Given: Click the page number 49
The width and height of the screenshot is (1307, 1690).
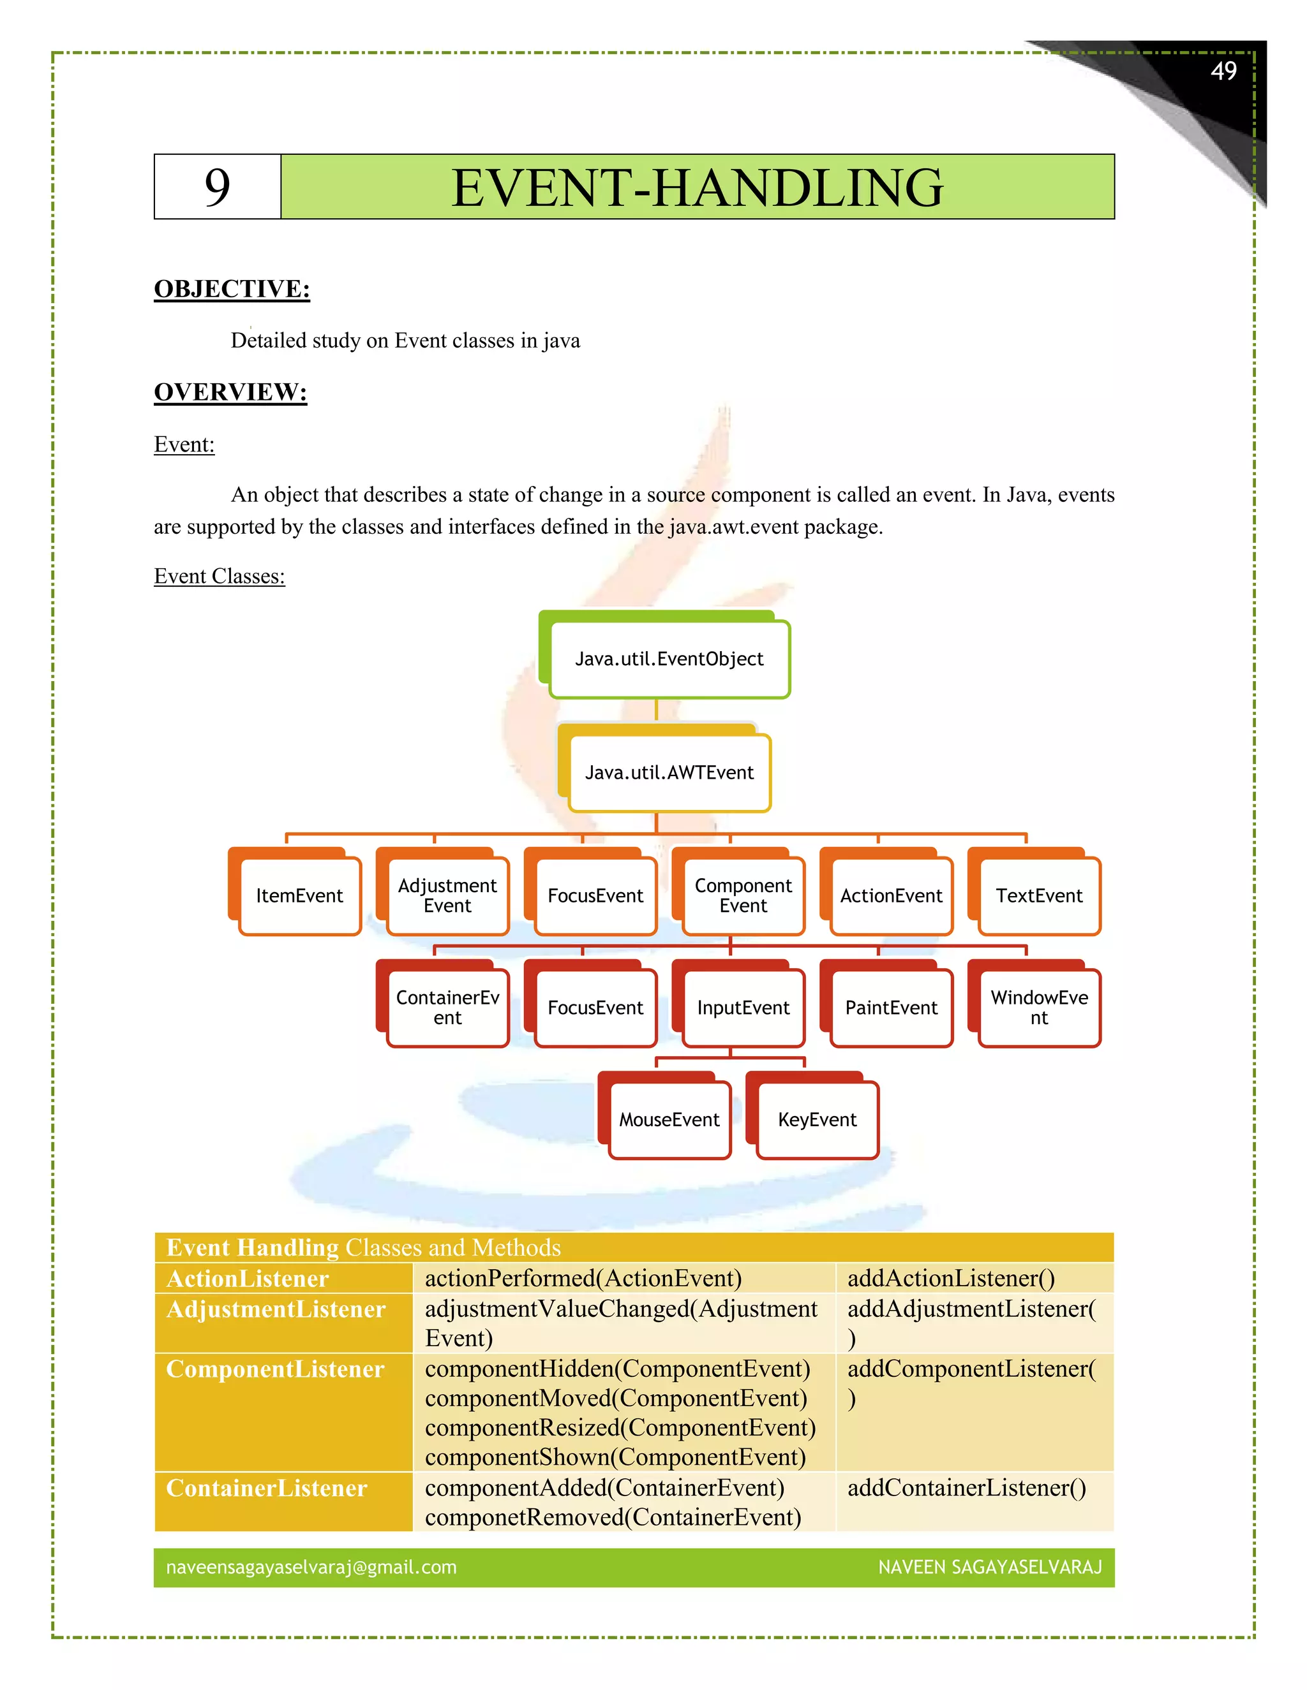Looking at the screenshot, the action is point(1223,71).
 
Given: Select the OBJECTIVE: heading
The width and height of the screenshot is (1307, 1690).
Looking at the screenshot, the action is point(232,289).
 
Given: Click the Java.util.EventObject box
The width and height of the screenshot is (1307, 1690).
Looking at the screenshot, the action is point(669,659).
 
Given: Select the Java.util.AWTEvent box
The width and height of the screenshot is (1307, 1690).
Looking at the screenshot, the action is point(669,772).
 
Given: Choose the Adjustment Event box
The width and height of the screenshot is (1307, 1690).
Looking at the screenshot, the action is point(447,895).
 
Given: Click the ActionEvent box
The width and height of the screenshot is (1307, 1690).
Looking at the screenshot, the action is point(891,895).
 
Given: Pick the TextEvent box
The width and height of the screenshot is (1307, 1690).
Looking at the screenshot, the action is point(1039,895).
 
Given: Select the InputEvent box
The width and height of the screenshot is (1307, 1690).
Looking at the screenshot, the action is point(743,1008).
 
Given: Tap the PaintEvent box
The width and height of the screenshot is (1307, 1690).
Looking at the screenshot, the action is point(891,1008).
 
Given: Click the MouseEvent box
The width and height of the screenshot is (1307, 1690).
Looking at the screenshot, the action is point(669,1120).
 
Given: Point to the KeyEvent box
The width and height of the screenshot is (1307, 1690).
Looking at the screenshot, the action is point(818,1120).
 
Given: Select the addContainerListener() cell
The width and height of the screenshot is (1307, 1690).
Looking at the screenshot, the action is point(966,1488).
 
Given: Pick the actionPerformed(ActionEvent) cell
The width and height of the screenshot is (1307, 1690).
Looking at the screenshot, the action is point(583,1278).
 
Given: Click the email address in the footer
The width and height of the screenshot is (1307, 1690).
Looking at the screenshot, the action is point(311,1567).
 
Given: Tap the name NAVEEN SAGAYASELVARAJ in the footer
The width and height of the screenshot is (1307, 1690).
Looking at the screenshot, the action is point(990,1567).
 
